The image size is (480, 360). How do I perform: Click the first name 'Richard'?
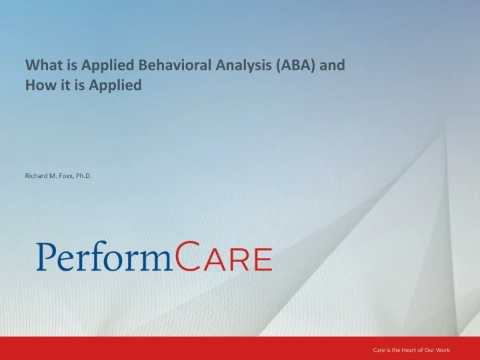tap(37, 176)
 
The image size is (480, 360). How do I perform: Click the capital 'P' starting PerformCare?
tap(46, 257)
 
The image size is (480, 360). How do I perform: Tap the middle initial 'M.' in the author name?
tap(54, 176)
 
